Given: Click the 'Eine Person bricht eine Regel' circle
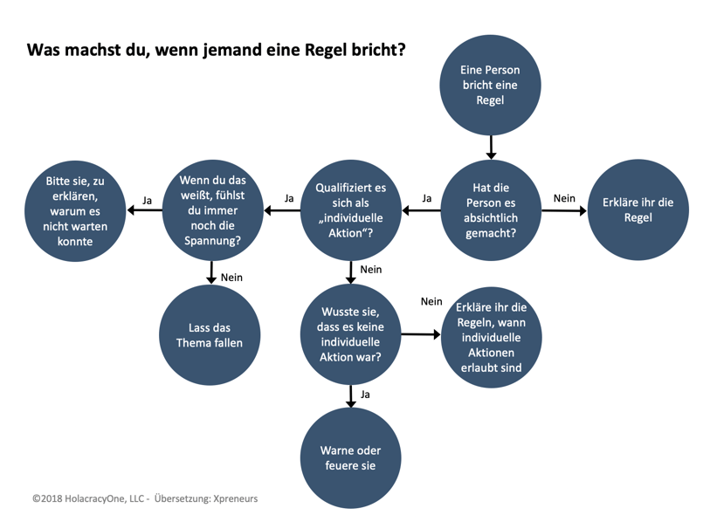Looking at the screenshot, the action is click(x=490, y=86).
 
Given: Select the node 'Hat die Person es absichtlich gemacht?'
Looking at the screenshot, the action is click(x=491, y=210).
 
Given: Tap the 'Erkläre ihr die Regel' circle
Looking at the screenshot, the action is click(x=638, y=209).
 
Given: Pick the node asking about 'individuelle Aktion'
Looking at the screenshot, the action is click(x=351, y=210).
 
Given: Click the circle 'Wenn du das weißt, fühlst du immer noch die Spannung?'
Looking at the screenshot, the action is click(x=212, y=210).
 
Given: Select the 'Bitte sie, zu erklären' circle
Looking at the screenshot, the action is click(x=75, y=211).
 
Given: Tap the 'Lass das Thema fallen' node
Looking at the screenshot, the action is click(x=210, y=335).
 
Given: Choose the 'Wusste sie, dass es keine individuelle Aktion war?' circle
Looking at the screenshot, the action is click(x=350, y=334).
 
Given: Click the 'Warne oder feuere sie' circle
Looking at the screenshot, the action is click(x=350, y=457).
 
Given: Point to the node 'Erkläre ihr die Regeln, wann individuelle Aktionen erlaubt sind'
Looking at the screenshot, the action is click(x=492, y=337).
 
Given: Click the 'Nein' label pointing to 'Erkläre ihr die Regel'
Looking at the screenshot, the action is click(x=564, y=198).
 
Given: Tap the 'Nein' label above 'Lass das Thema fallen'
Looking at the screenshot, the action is click(x=231, y=278).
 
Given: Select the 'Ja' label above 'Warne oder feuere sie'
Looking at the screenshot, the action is click(x=365, y=395).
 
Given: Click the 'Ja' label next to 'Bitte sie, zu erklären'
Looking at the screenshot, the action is click(x=148, y=201).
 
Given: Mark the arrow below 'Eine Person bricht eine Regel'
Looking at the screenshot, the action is click(x=491, y=148).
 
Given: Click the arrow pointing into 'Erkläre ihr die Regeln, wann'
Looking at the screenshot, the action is click(x=421, y=334).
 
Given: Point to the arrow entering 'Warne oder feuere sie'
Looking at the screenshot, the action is click(x=351, y=396).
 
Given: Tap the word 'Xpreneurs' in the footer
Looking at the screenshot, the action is click(x=236, y=498).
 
